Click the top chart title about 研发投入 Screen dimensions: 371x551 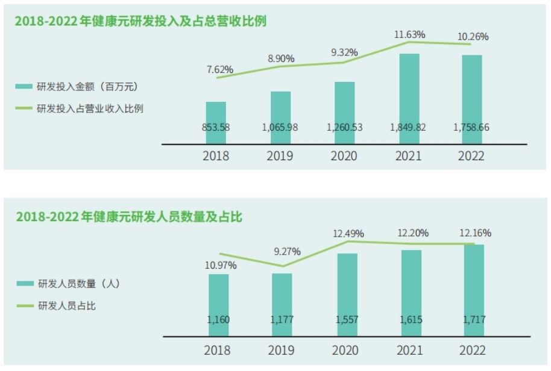pyautogui.click(x=140, y=21)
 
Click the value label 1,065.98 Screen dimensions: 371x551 pyautogui.click(x=280, y=128)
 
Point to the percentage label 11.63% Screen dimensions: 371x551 pyautogui.click(x=409, y=34)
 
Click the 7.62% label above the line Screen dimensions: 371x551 pyautogui.click(x=219, y=69)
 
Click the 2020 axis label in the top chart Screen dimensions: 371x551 pyautogui.click(x=344, y=156)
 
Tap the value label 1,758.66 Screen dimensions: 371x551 pyautogui.click(x=472, y=128)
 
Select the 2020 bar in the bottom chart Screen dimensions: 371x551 pyautogui.click(x=347, y=289)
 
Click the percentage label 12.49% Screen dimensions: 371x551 pyautogui.click(x=348, y=234)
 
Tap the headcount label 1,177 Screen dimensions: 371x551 pyautogui.click(x=282, y=320)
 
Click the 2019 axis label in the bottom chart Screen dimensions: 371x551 pyautogui.click(x=282, y=351)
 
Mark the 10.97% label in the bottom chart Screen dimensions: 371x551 pyautogui.click(x=221, y=265)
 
